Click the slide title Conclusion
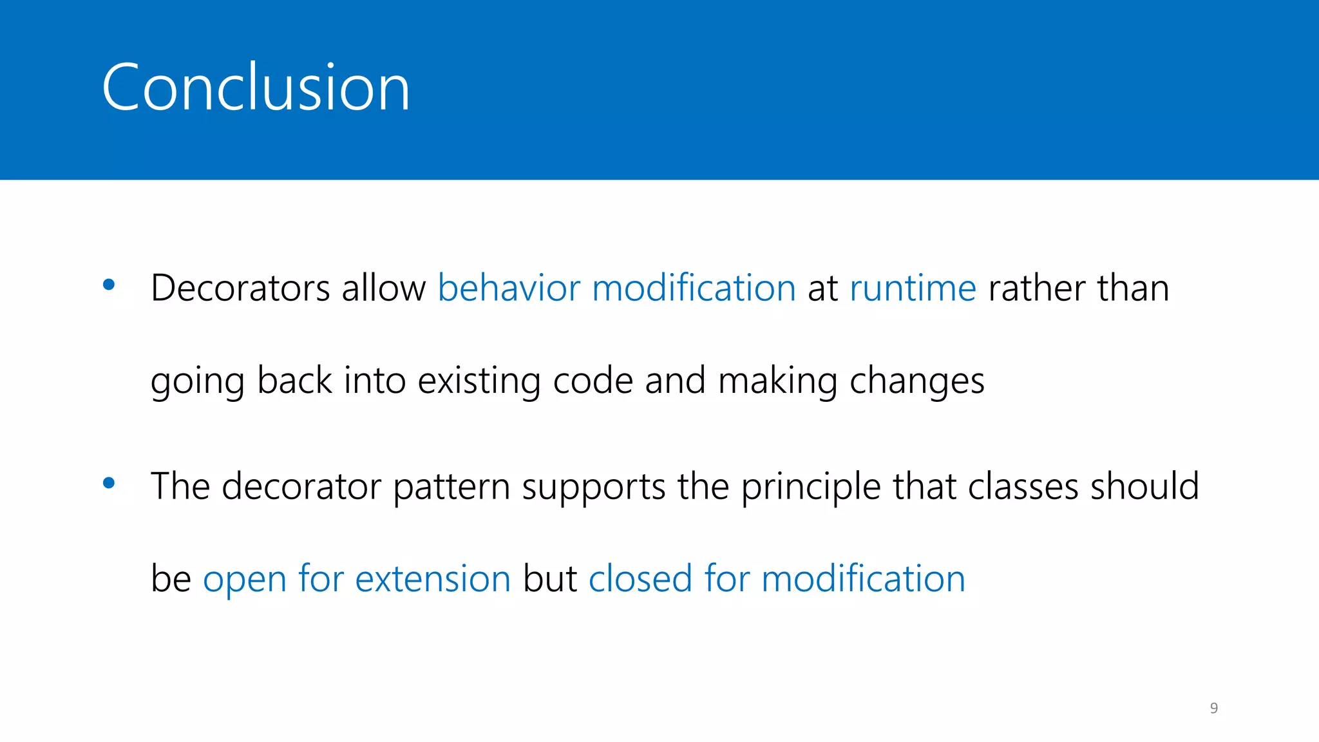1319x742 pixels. (256, 88)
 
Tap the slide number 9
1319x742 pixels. (1213, 708)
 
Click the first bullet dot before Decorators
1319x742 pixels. (109, 284)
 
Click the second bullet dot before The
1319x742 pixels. (109, 482)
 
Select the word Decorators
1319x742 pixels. (240, 288)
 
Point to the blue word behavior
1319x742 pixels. (509, 288)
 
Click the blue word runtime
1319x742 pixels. (913, 288)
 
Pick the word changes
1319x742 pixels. (917, 381)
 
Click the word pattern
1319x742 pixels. (451, 486)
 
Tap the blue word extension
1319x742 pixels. (433, 578)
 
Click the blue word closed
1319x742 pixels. (640, 578)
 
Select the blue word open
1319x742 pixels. (244, 580)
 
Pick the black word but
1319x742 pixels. (549, 578)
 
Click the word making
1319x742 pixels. (777, 381)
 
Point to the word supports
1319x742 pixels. (593, 488)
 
